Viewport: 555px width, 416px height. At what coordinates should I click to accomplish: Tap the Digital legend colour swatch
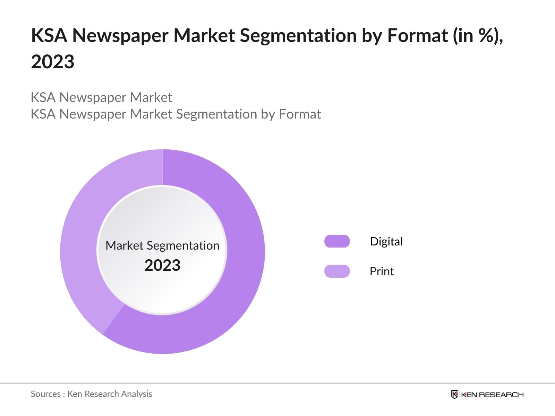click(x=337, y=241)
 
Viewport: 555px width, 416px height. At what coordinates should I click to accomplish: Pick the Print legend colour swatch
click(x=337, y=271)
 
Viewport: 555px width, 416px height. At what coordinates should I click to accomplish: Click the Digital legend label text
click(x=386, y=241)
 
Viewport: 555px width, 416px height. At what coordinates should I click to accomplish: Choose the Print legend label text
click(x=382, y=271)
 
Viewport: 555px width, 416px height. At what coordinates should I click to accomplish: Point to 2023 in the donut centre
click(x=162, y=266)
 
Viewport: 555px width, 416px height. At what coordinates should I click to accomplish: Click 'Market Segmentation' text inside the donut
click(x=162, y=245)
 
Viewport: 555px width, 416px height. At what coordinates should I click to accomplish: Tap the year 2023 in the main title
click(x=53, y=62)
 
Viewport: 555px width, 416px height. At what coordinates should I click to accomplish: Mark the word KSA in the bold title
click(x=49, y=35)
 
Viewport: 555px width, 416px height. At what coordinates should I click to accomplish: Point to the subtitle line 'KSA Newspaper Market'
click(x=101, y=97)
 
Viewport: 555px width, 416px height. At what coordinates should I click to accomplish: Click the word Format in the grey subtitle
click(x=300, y=114)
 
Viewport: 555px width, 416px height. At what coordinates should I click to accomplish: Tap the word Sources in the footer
click(x=45, y=394)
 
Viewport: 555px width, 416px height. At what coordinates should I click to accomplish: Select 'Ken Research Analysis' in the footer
click(x=110, y=394)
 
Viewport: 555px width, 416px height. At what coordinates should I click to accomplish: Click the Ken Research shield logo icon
click(x=454, y=395)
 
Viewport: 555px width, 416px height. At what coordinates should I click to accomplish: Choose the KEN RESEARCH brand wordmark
click(x=492, y=395)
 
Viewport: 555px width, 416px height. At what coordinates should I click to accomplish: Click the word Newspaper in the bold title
click(x=120, y=35)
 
